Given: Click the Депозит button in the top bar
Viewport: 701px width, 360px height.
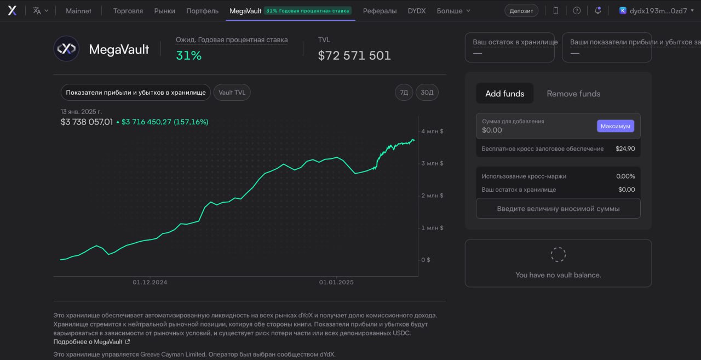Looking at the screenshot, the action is coord(521,10).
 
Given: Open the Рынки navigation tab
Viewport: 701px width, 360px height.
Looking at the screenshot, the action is coord(165,11).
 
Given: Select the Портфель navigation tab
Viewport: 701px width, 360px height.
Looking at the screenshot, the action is coord(202,11).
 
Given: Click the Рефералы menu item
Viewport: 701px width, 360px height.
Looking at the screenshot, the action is coord(380,11).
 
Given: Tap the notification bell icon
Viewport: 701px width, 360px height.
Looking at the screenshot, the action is coord(597,10).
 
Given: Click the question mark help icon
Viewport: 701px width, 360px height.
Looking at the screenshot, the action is coord(577,10).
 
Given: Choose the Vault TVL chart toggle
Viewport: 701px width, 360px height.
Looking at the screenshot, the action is coord(232,93).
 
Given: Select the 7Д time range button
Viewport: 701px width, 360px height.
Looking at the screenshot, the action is coord(404,93).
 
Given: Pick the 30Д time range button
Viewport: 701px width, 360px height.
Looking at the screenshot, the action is coord(427,93).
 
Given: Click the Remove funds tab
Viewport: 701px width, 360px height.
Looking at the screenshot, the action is coord(573,94).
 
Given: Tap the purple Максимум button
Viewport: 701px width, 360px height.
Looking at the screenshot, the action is coord(615,126).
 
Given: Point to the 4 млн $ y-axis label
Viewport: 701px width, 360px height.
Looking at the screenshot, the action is coord(432,131).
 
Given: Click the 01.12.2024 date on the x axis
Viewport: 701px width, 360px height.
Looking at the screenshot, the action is coord(150,282).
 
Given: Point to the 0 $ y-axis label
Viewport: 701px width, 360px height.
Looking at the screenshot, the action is coord(426,260).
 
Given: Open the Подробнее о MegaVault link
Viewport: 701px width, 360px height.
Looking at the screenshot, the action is coord(91,342).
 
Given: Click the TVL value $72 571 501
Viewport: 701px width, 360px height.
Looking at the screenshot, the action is coord(354,55).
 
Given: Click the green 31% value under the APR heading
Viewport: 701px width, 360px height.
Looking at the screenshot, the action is coord(189,55).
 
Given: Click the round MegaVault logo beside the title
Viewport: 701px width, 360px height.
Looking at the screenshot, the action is coord(66,49).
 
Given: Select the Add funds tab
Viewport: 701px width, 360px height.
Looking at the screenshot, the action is coord(504,93).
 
